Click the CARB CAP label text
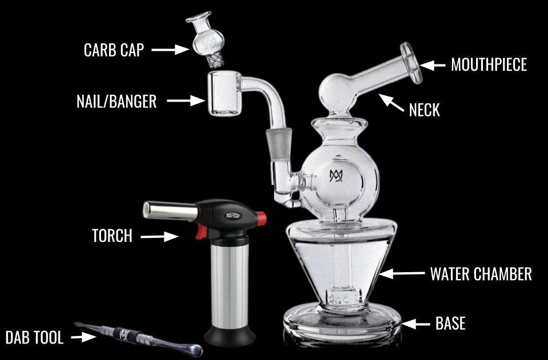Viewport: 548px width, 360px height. (114, 50)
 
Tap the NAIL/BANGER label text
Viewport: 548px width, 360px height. (116, 102)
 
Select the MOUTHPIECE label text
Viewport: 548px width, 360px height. (489, 64)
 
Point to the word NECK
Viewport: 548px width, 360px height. (424, 110)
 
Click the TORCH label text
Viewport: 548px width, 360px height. (112, 235)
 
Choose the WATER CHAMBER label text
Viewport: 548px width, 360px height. (481, 274)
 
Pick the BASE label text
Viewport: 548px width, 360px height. (450, 324)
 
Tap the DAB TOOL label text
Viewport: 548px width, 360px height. (34, 337)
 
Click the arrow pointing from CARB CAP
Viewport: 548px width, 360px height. (170, 50)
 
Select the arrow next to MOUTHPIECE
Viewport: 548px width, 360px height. (433, 65)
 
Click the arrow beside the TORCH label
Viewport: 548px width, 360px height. (160, 236)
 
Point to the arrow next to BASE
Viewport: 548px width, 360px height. (416, 324)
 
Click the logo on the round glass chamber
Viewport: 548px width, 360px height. (336, 176)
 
